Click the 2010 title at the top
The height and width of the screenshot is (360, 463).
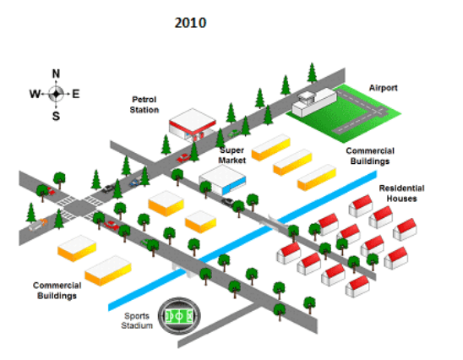[x=190, y=23]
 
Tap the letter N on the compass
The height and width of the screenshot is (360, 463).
[x=56, y=74]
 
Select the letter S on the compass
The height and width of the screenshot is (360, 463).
[x=56, y=116]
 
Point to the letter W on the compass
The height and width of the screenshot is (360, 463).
[x=35, y=94]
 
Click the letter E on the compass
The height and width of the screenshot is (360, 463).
[x=76, y=94]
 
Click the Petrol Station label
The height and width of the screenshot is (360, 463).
[x=144, y=105]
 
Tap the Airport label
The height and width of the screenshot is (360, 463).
[x=384, y=88]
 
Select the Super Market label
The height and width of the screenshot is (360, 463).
[x=232, y=155]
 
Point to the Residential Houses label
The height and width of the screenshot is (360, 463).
[x=401, y=194]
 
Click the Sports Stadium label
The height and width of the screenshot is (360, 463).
[x=137, y=321]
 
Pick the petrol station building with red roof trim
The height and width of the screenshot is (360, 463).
[x=193, y=124]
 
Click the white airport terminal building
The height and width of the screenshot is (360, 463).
[x=314, y=101]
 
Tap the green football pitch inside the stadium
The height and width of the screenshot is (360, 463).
[x=179, y=316]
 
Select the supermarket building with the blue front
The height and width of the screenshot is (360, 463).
[x=222, y=180]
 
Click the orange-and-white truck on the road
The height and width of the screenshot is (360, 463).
[x=38, y=225]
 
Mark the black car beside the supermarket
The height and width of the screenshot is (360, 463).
[x=227, y=202]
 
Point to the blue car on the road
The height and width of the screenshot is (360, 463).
[x=135, y=183]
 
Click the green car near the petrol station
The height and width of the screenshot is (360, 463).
[x=234, y=134]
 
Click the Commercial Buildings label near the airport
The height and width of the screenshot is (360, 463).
[x=370, y=156]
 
